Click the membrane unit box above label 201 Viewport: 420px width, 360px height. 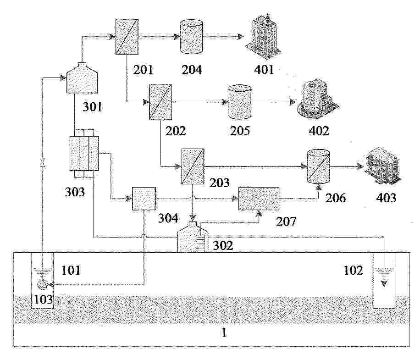pos(127,36)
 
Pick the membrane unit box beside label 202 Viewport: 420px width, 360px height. pos(160,102)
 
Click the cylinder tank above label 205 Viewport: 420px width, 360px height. pos(240,102)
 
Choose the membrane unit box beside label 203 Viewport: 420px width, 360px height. pos(193,166)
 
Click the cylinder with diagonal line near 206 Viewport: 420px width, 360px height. pos(318,166)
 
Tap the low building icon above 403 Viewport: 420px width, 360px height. pos(382,166)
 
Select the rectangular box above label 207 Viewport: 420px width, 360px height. pos(259,199)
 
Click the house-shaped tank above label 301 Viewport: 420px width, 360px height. pos(82,78)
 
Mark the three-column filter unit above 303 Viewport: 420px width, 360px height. pos(84,153)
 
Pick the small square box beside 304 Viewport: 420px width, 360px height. pos(144,199)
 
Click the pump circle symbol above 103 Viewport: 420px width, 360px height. pos(42,284)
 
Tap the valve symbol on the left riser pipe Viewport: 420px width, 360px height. pos(42,163)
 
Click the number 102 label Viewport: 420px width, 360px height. pos(353,270)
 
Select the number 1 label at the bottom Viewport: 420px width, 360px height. pos(224,333)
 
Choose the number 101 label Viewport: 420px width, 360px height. pos(71,270)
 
